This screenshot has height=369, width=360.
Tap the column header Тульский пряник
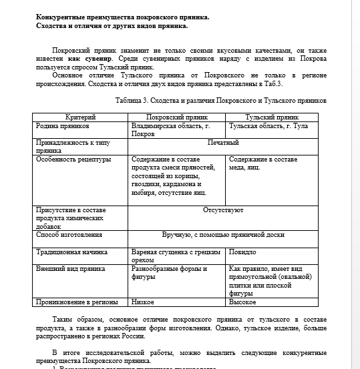click(271, 117)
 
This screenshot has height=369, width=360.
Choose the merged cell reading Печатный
click(222, 143)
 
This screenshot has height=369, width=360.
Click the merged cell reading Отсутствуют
click(222, 210)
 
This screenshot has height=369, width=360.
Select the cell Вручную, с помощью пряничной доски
click(222, 235)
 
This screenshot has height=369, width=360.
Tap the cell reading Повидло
click(242, 252)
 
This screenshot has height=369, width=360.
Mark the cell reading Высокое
click(243, 302)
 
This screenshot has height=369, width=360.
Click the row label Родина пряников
click(63, 125)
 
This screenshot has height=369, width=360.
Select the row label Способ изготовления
click(69, 235)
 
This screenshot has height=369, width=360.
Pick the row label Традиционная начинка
click(71, 252)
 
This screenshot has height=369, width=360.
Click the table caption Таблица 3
click(220, 101)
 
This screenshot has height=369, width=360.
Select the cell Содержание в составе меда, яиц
click(262, 163)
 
